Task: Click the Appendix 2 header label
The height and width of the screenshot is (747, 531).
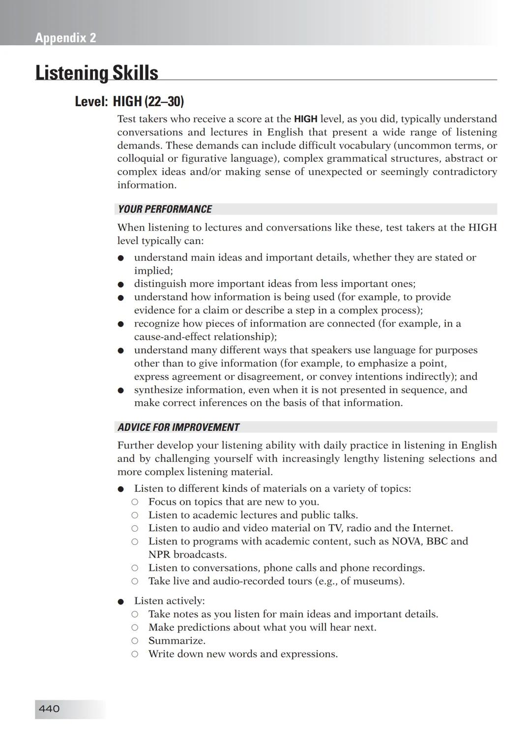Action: coord(65,38)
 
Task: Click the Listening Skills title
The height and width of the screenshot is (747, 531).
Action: coord(96,73)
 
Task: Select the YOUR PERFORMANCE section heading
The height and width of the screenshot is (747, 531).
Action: coord(165,209)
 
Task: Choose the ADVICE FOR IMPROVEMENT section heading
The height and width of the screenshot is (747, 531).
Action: coord(178,427)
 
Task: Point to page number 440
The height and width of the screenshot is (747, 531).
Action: coord(49,709)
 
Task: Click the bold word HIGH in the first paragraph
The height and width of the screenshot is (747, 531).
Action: coord(305,119)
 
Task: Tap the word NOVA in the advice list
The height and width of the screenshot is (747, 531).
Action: coord(406,541)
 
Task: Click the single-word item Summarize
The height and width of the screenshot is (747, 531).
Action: coord(177,641)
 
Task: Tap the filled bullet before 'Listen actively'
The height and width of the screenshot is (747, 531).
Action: coord(120,601)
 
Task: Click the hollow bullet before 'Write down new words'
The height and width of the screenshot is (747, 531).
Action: coord(135,654)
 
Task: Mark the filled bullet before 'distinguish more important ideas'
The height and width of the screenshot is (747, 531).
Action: coord(120,284)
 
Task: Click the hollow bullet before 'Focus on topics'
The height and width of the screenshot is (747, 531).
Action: coord(135,502)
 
